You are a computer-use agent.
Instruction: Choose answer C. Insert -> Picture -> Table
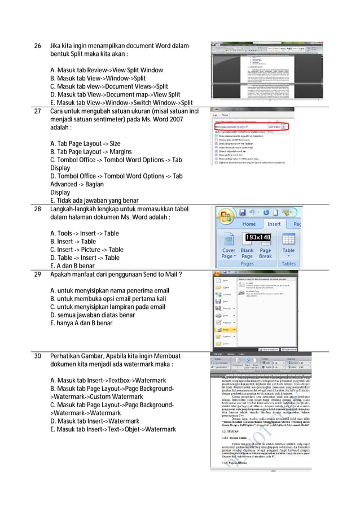[x=87, y=250]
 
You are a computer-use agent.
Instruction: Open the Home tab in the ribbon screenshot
[x=249, y=224]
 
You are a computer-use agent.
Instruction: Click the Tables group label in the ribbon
[x=288, y=264]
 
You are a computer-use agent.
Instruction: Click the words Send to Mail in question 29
[x=161, y=275]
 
